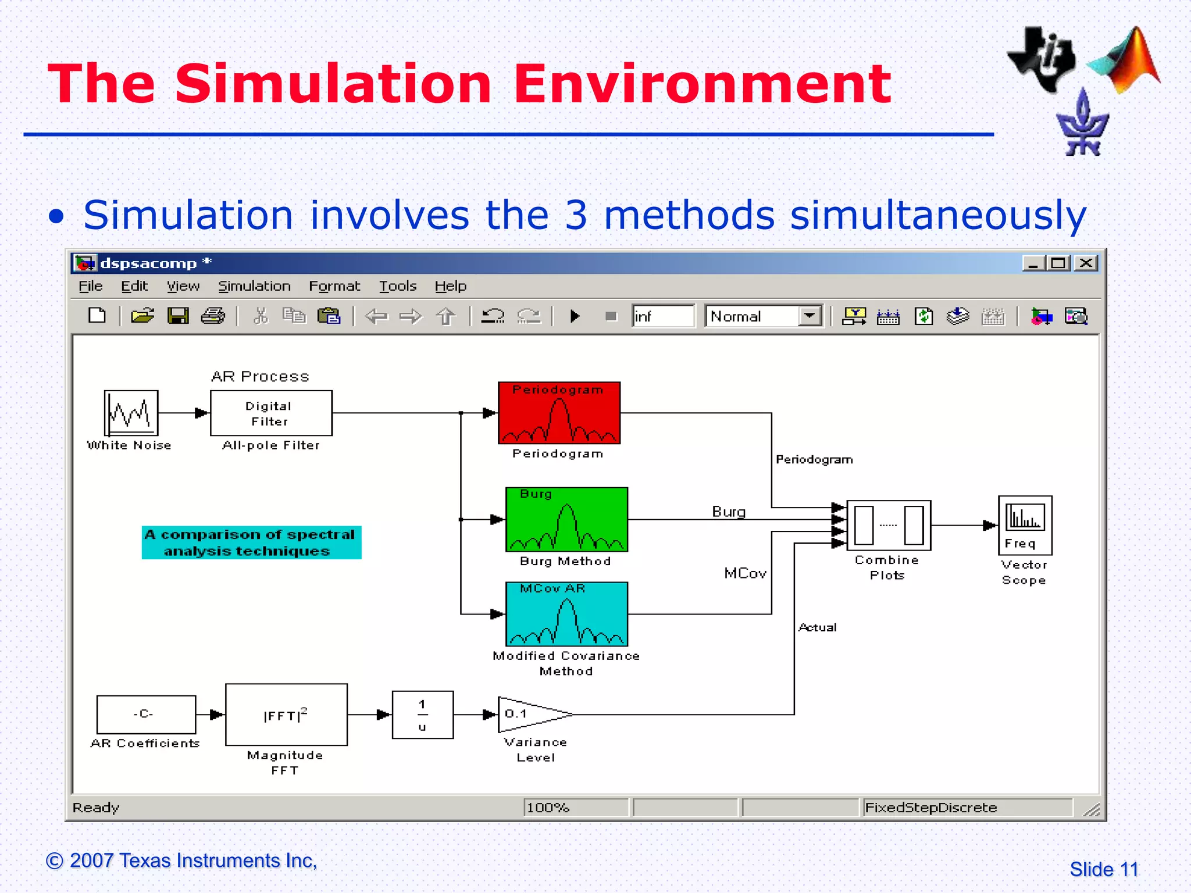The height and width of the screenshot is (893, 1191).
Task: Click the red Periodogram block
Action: tap(559, 413)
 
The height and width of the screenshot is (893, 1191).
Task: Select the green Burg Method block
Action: tap(566, 519)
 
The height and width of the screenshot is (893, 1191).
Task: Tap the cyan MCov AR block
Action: tap(566, 614)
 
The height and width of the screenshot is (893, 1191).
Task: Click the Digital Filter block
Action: tap(271, 413)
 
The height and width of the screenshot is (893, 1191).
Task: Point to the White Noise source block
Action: tap(131, 413)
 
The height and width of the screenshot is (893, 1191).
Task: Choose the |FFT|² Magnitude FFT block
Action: tap(286, 715)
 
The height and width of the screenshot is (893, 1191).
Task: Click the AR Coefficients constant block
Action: tap(146, 715)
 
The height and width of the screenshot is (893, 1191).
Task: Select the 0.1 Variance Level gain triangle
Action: tap(529, 715)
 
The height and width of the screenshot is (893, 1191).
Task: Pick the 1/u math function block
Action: tap(423, 715)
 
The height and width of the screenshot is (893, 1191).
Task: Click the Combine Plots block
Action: tap(889, 525)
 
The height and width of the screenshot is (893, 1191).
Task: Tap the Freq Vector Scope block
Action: tap(1025, 525)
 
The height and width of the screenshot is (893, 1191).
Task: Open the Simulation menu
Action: tap(254, 286)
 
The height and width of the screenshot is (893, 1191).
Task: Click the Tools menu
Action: tap(398, 286)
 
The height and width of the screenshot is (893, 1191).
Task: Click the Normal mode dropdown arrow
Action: tap(810, 316)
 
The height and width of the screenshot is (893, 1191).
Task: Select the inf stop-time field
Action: tap(663, 316)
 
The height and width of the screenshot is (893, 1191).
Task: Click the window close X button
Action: tap(1086, 263)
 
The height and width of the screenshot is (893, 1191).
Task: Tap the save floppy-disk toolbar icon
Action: tap(178, 316)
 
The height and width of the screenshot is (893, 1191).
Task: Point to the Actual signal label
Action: tap(817, 627)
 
